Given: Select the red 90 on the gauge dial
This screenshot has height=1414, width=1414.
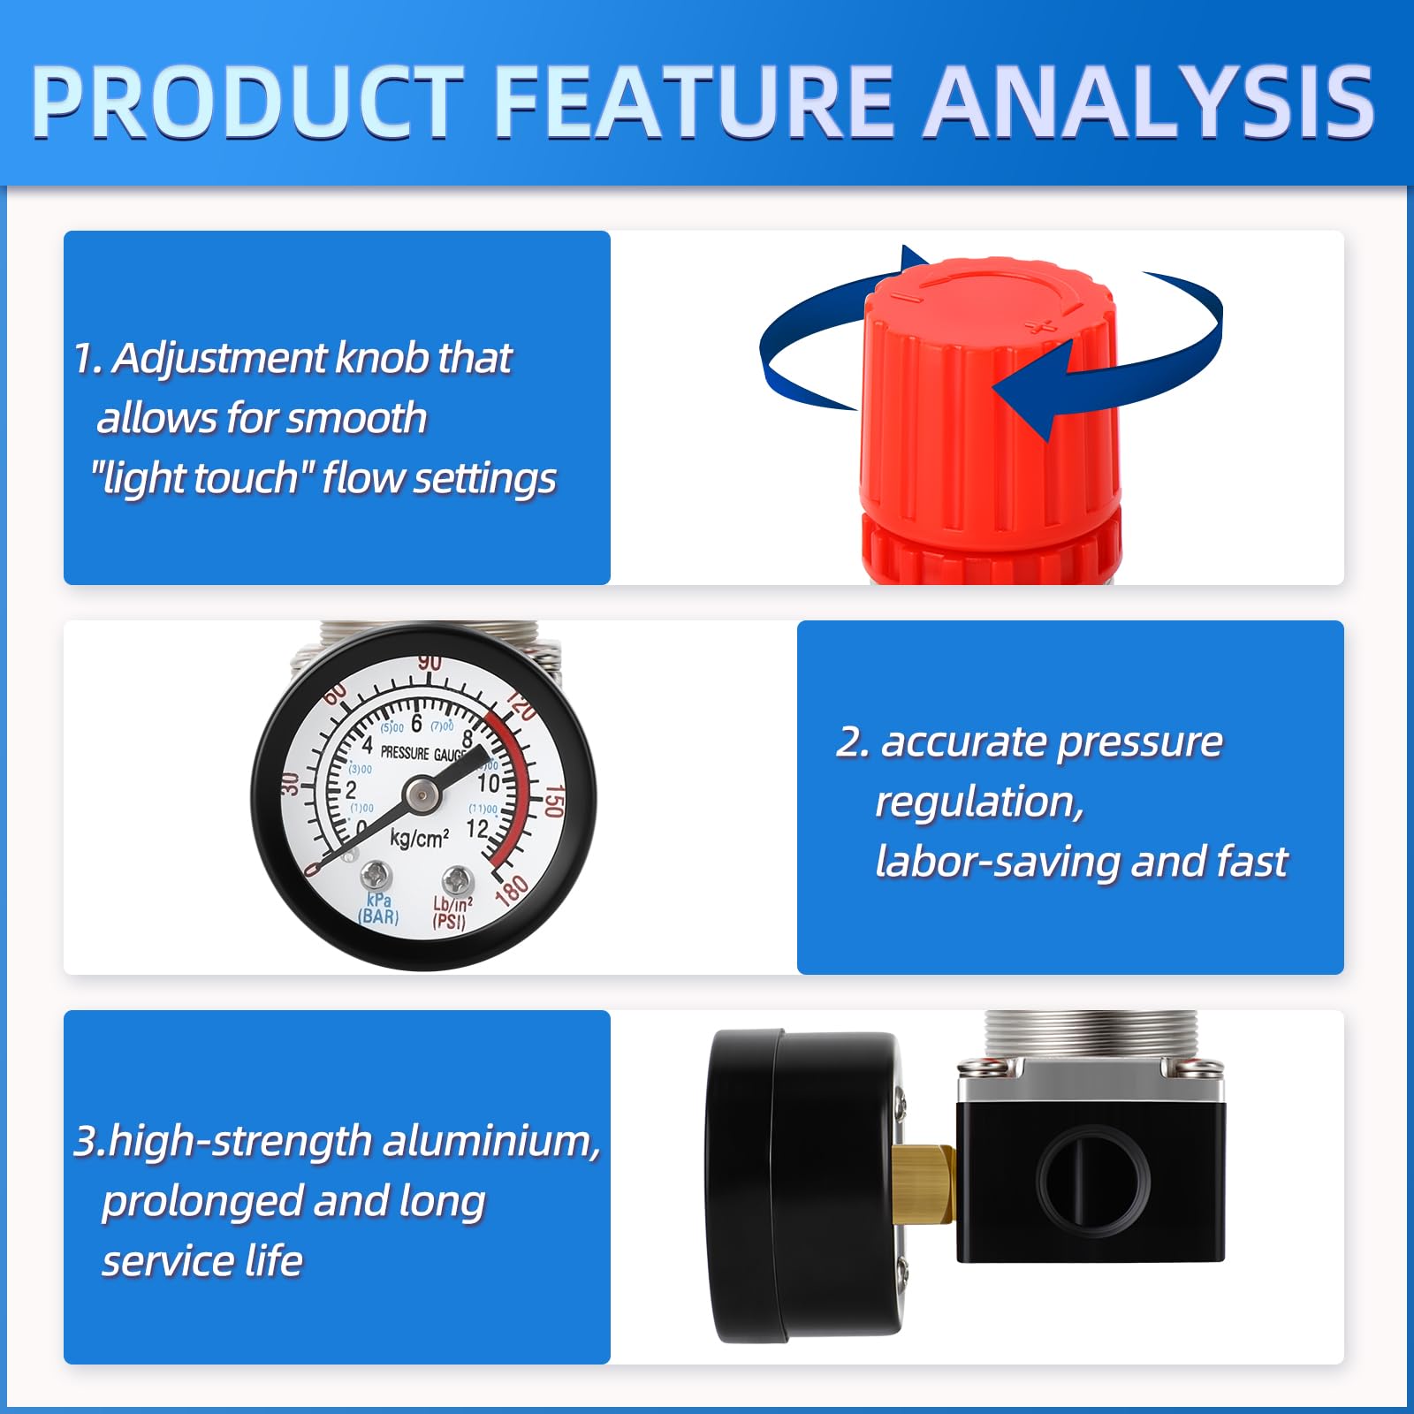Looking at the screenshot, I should (430, 663).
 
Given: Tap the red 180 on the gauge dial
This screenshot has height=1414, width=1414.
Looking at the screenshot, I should (512, 890).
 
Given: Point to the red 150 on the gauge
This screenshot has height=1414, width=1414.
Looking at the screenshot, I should (553, 801).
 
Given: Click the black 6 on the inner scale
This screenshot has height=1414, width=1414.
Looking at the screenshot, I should (416, 723).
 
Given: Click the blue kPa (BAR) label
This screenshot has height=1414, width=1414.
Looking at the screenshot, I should (379, 908).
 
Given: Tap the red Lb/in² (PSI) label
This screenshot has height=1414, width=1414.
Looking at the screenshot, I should (452, 913).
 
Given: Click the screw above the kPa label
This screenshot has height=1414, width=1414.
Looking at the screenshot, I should (376, 876).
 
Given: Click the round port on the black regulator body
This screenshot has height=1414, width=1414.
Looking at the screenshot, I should (1093, 1180).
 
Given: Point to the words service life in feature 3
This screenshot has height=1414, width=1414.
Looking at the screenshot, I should (202, 1260).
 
